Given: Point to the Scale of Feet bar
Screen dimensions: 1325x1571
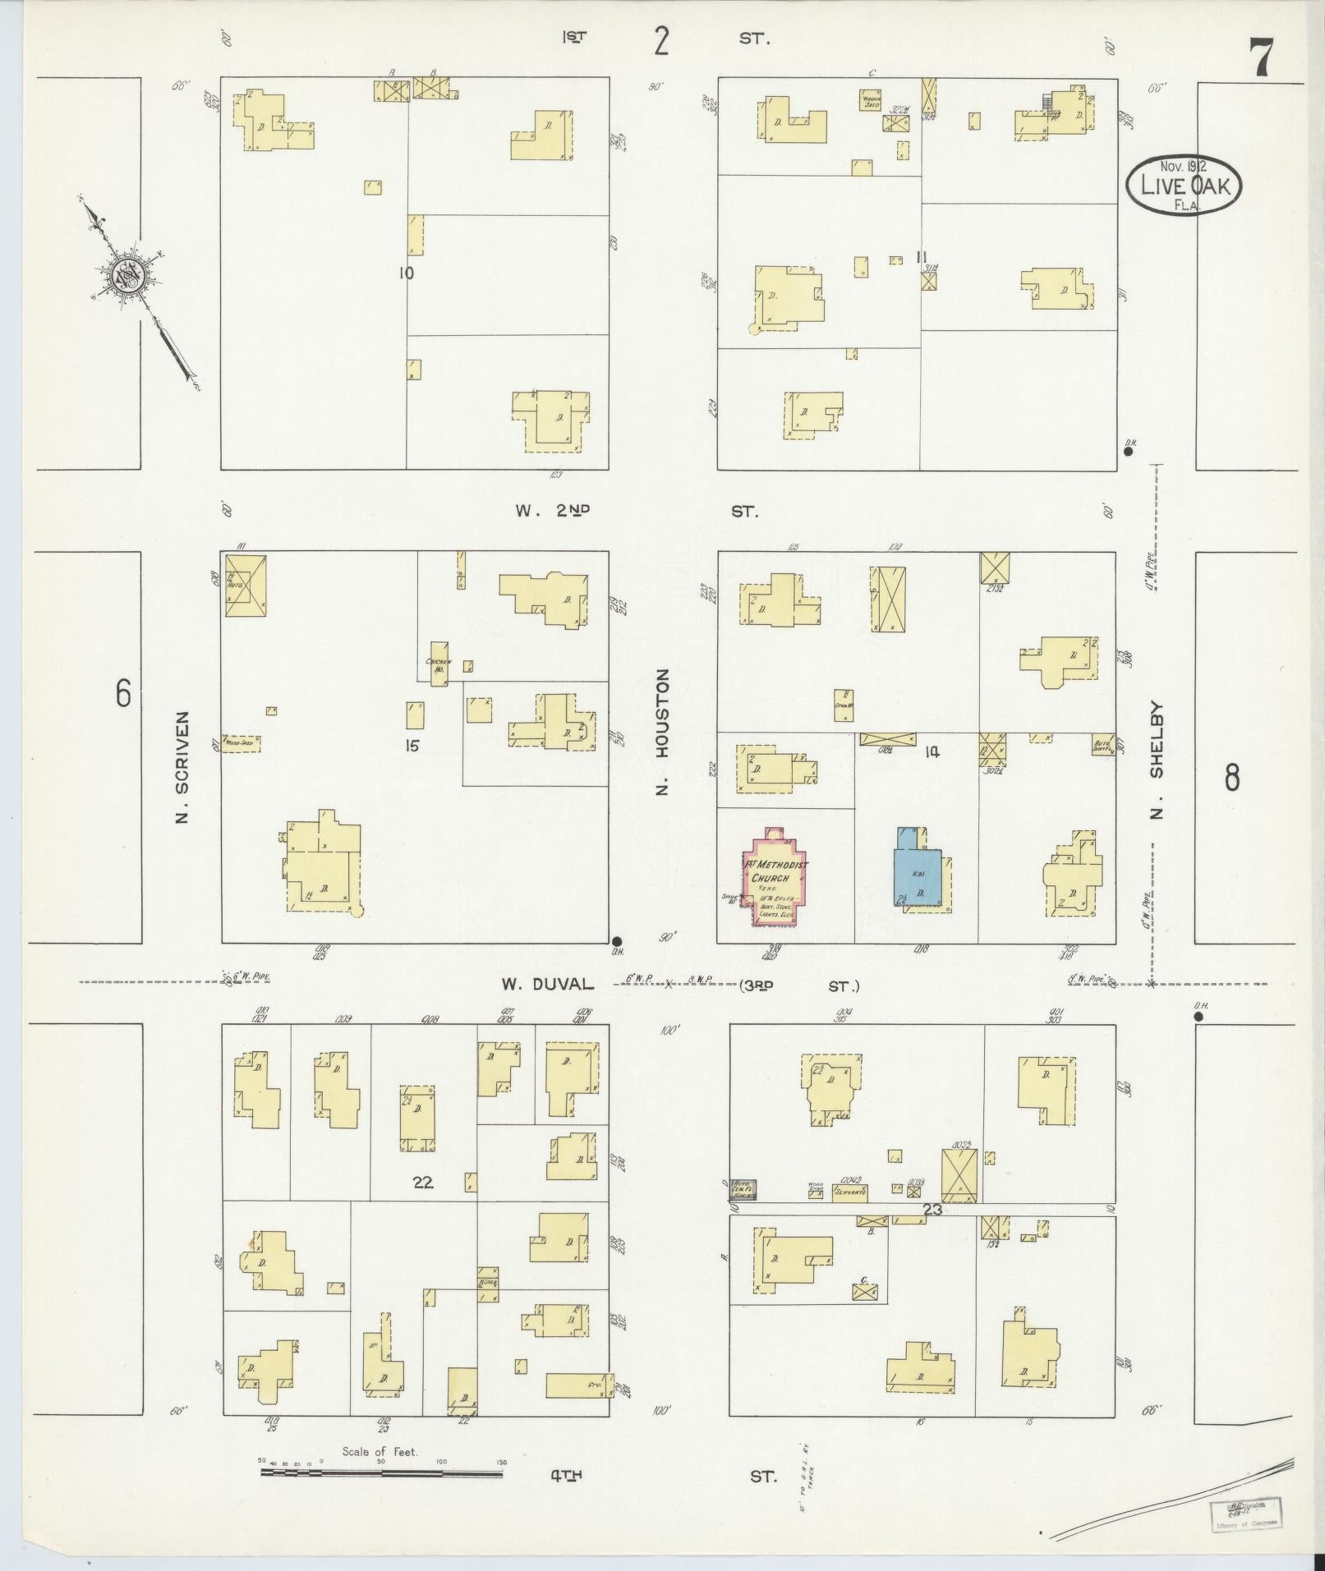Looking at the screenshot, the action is click(x=381, y=1472).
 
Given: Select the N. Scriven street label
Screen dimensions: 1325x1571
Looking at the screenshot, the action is click(x=182, y=767).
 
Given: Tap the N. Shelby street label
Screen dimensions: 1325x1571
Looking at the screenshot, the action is click(x=1157, y=760).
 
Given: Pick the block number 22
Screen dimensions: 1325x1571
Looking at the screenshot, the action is click(x=422, y=1183).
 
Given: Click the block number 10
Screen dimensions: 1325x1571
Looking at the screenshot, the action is click(x=406, y=273).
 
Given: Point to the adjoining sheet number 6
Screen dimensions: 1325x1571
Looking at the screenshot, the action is click(x=122, y=695).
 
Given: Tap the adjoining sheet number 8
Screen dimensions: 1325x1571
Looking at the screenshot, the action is click(x=1231, y=777).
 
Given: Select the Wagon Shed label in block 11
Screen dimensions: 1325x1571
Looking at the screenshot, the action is click(x=871, y=102).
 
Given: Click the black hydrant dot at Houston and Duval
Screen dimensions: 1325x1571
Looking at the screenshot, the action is click(x=617, y=942).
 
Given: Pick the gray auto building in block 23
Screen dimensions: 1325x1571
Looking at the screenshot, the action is click(x=743, y=1190).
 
